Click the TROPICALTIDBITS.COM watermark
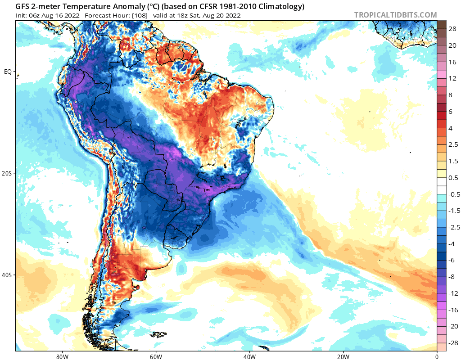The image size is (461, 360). [395, 15]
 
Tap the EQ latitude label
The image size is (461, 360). [8, 72]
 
